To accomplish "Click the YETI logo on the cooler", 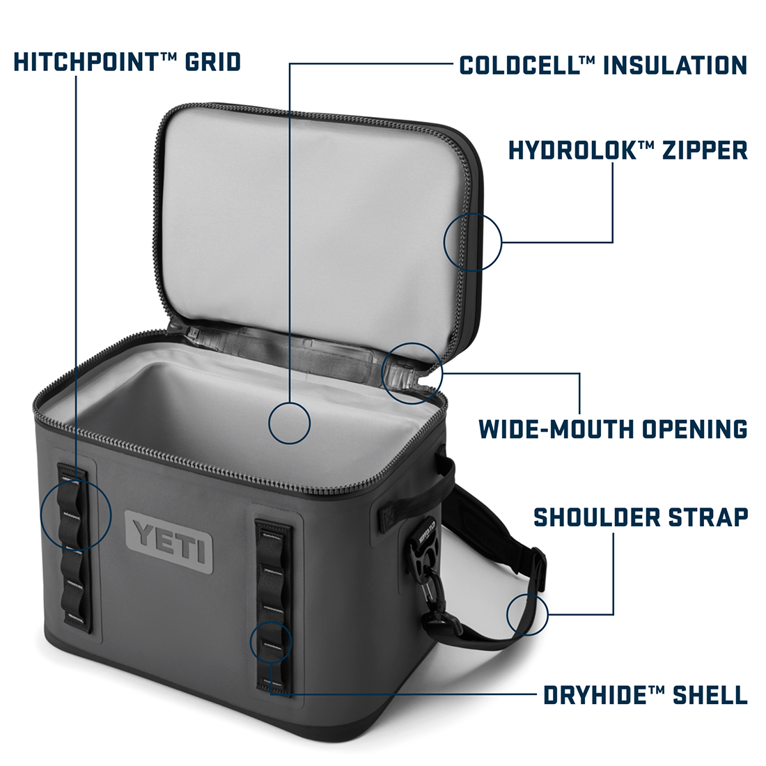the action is coord(169,542).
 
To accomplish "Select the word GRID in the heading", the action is coord(213,62).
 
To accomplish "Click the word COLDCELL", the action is coord(520,65).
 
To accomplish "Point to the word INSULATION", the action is coord(675,65).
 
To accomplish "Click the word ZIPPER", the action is coord(705,150).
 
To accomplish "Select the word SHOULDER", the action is coord(597,517).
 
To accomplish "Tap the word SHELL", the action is coord(710,695).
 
